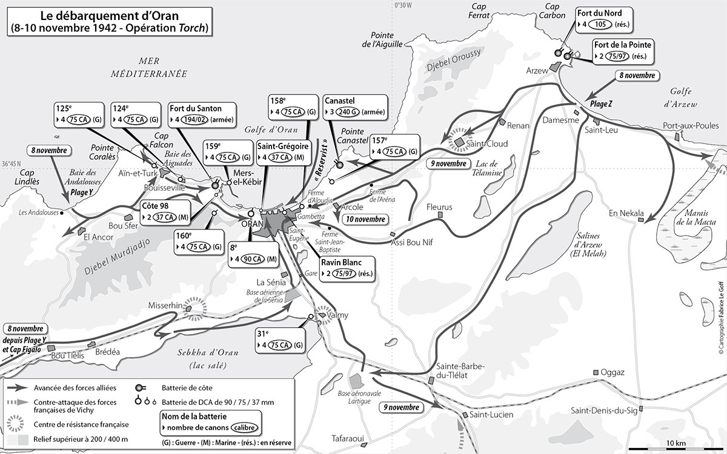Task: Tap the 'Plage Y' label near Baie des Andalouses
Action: [x=82, y=190]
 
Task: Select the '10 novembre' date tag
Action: [x=364, y=219]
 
